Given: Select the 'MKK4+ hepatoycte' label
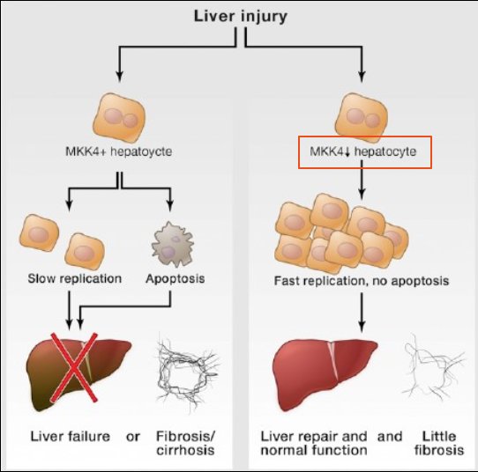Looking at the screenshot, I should [118, 151].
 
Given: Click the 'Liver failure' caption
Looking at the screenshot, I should [69, 437].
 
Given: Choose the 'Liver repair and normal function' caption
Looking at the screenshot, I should [314, 443].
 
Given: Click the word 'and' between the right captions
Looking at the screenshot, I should [391, 437].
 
